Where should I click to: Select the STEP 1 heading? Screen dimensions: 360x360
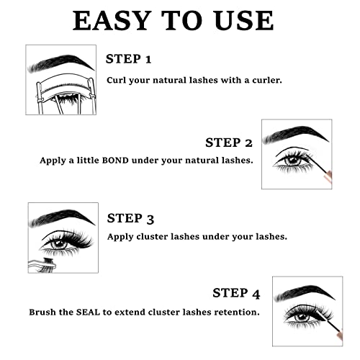tap(129, 58)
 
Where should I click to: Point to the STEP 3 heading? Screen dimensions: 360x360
tap(130, 218)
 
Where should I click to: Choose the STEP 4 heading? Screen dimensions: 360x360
tap(236, 293)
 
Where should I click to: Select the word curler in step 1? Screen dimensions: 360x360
tap(264, 79)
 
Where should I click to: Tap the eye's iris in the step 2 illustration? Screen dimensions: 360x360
tap(293, 160)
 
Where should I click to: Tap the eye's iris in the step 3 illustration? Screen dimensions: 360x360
tap(59, 242)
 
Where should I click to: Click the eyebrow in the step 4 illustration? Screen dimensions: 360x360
tap(305, 292)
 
